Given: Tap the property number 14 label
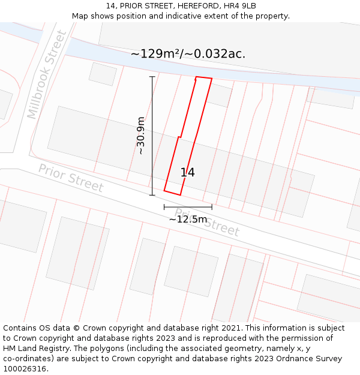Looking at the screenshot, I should pyautogui.click(x=187, y=173).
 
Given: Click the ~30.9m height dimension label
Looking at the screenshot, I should pyautogui.click(x=141, y=136).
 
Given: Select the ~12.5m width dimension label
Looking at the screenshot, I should pyautogui.click(x=188, y=220).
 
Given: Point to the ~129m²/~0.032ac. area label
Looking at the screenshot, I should pyautogui.click(x=188, y=54).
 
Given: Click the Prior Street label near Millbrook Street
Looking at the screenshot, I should pyautogui.click(x=71, y=178).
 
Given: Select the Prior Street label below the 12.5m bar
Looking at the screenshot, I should pyautogui.click(x=207, y=223).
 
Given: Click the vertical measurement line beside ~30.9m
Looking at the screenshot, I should pyautogui.click(x=152, y=136).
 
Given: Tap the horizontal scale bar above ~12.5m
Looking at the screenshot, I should pyautogui.click(x=188, y=207).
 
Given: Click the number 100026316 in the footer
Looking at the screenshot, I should pyautogui.click(x=25, y=369).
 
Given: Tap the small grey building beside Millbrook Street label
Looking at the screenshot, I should pyautogui.click(x=103, y=74).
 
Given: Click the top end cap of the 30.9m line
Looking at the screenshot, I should pyautogui.click(x=152, y=77).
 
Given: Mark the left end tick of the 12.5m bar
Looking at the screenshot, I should pyautogui.click(x=164, y=207).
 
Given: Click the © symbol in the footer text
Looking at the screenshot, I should pyautogui.click(x=76, y=328).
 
